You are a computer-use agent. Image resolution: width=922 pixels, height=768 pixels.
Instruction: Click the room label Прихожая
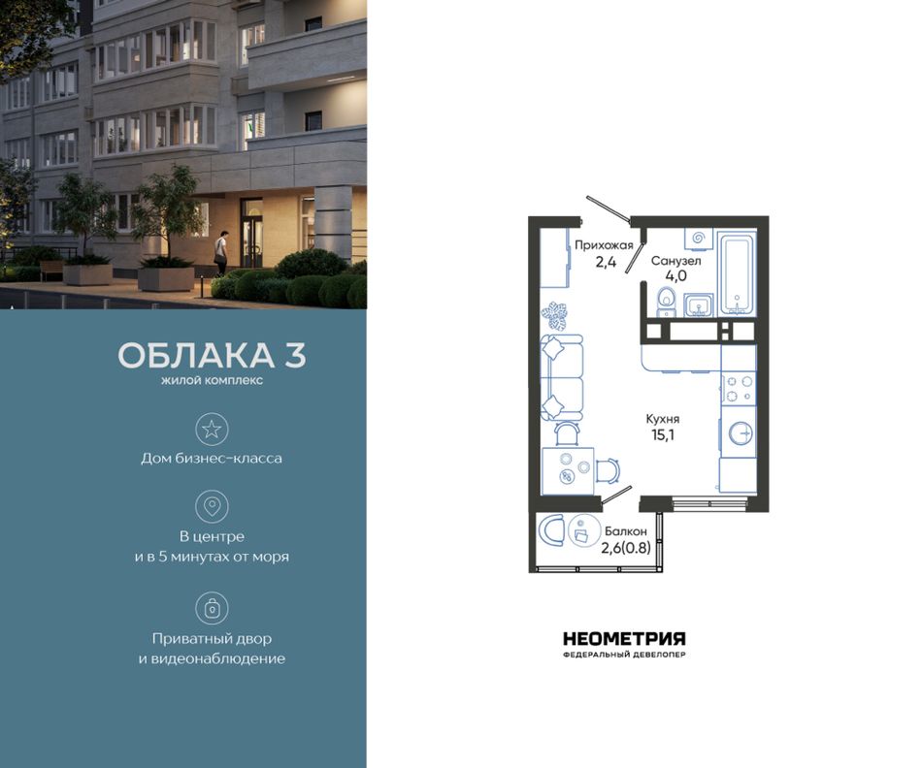pyautogui.click(x=604, y=245)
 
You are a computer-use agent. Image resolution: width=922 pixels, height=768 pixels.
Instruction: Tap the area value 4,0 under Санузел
pyautogui.click(x=676, y=275)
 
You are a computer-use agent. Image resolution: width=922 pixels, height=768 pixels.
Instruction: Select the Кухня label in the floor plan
pyautogui.click(x=663, y=419)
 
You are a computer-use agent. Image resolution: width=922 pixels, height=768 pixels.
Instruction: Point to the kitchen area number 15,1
pyautogui.click(x=663, y=435)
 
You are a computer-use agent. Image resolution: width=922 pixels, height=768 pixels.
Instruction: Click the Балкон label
pyautogui.click(x=626, y=531)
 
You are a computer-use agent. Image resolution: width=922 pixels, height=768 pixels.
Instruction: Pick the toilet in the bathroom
pyautogui.click(x=666, y=301)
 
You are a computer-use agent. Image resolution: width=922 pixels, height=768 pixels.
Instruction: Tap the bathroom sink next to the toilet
pyautogui.click(x=699, y=304)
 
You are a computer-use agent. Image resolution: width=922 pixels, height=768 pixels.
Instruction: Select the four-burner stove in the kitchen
pyautogui.click(x=740, y=389)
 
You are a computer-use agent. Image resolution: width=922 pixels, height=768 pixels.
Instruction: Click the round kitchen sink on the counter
pyautogui.click(x=741, y=433)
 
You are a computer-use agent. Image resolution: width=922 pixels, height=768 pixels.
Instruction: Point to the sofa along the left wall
pyautogui.click(x=562, y=377)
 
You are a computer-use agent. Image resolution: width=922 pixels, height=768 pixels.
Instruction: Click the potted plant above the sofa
pyautogui.click(x=555, y=315)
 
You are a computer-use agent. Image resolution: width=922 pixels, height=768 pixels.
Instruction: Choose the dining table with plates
pyautogui.click(x=568, y=471)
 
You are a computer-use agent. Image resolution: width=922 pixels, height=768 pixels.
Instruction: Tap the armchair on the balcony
pyautogui.click(x=551, y=530)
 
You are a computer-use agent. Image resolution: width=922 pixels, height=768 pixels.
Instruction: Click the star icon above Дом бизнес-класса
pyautogui.click(x=212, y=429)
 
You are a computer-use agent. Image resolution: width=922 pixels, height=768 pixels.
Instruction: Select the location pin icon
pyautogui.click(x=212, y=506)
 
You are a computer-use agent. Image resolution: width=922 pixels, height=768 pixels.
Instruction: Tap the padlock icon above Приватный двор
pyautogui.click(x=212, y=608)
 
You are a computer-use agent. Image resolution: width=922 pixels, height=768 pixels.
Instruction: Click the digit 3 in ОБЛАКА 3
pyautogui.click(x=296, y=355)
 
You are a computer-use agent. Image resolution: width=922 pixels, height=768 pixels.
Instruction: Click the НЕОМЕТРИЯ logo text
pyautogui.click(x=624, y=639)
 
